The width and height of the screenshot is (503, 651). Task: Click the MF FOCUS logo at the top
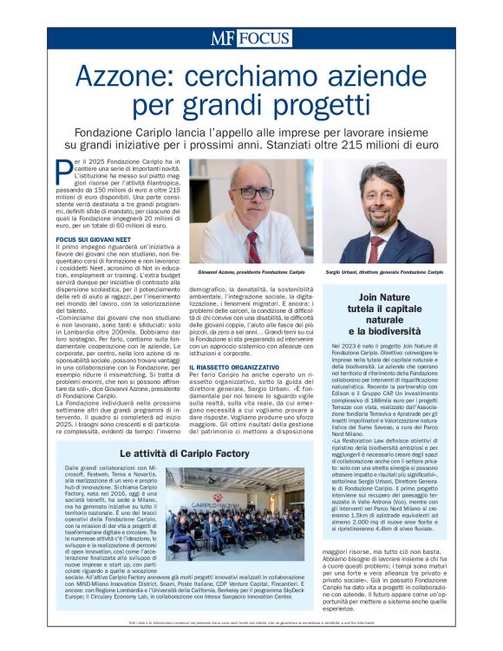(x=251, y=38)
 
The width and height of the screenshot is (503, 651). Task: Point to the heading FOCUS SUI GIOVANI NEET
(x=92, y=237)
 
